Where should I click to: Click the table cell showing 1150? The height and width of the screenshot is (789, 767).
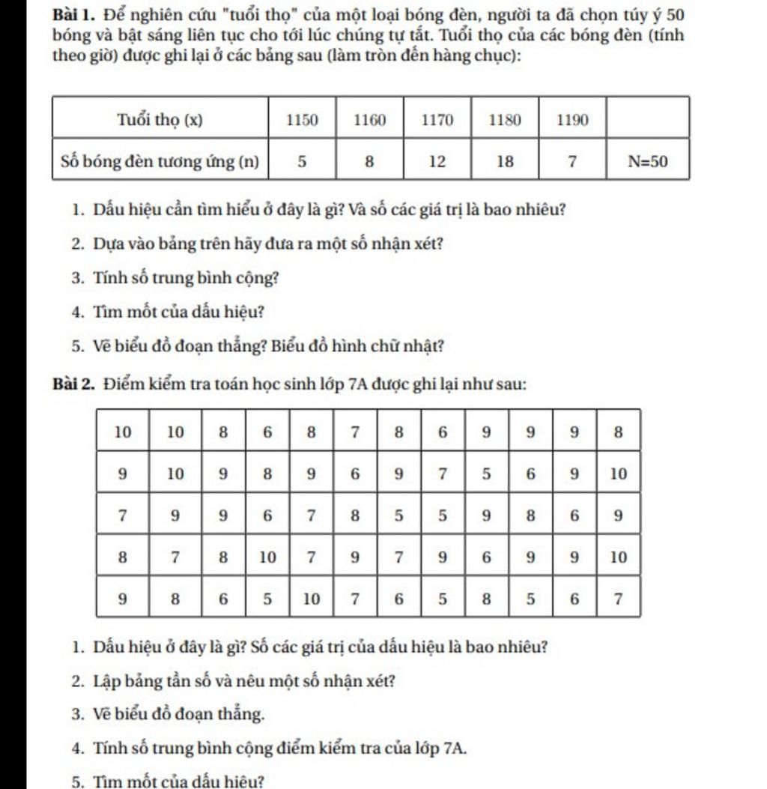point(303,120)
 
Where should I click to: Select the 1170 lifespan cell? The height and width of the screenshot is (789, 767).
point(437,120)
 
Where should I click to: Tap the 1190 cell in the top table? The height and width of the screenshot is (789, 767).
point(572,120)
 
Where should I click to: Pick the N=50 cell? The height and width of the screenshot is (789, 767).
point(648,160)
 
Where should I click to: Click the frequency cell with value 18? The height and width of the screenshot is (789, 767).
point(506,160)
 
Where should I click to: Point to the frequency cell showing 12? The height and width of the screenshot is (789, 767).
point(437,160)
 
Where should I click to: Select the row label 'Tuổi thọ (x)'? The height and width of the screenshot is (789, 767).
point(160,120)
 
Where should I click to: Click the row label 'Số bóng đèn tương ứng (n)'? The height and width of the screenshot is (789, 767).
point(160,160)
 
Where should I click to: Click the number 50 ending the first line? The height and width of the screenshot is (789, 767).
point(674,16)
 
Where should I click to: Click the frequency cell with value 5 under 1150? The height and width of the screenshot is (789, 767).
point(303,160)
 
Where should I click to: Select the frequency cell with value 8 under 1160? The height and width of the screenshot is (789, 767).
point(369,160)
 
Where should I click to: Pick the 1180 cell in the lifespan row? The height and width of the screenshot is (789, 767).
point(506,120)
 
